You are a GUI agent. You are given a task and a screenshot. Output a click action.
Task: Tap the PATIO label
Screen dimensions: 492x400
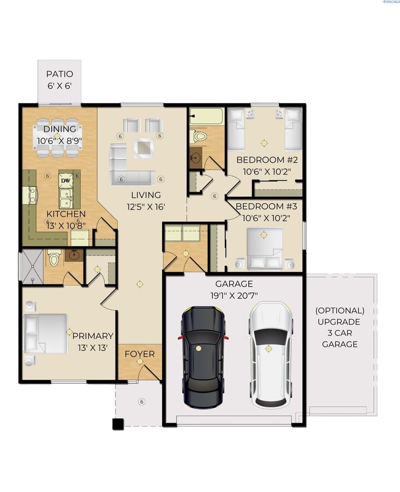click(59, 74)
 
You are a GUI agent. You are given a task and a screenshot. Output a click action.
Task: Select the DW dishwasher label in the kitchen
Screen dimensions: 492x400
click(66, 180)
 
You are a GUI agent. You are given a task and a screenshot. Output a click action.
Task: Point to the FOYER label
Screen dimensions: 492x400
click(139, 354)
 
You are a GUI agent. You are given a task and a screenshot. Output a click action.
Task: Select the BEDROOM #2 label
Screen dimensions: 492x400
click(267, 160)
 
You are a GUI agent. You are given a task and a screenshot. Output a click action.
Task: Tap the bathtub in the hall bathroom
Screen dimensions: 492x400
click(206, 117)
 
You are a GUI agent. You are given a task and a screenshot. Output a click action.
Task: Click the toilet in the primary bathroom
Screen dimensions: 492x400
click(54, 258)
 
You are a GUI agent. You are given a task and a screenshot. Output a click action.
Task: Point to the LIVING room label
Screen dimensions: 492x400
click(146, 195)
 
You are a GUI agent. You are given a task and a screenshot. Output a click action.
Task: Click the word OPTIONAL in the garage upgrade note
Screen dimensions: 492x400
click(339, 310)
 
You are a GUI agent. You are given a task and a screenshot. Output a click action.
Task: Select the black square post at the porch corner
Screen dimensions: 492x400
click(118, 425)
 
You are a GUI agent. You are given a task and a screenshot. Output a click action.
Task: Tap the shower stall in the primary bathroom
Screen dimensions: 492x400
click(32, 267)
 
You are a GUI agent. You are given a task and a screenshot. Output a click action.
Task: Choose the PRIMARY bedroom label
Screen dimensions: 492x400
click(93, 336)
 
